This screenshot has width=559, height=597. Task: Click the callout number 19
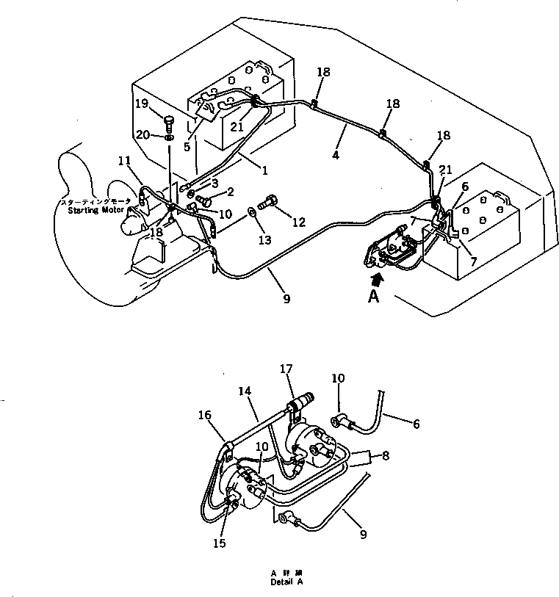[141, 103]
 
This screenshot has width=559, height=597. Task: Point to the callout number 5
[187, 146]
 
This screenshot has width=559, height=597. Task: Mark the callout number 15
[220, 544]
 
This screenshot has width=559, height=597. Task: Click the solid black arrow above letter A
[378, 278]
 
